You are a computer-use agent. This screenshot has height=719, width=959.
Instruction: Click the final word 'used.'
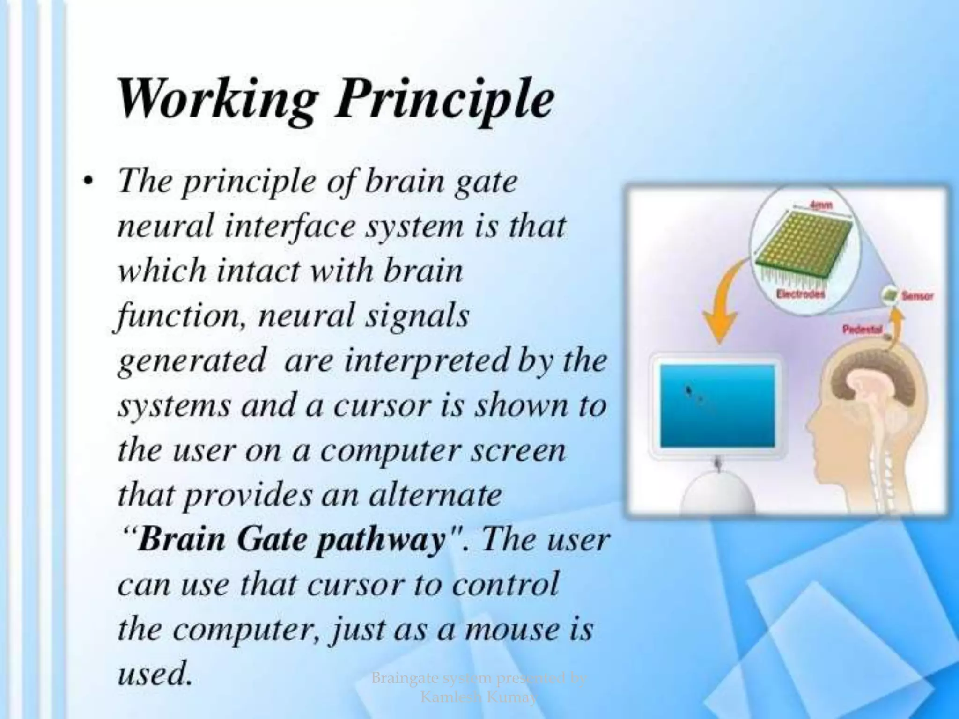coord(155,674)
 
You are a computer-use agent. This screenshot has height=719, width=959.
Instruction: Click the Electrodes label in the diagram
coord(801,294)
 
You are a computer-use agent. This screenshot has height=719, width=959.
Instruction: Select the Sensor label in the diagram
coord(917,296)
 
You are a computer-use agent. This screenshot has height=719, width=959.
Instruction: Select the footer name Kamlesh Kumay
coord(478,697)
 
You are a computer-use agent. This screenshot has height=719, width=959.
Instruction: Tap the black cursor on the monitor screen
coord(688,389)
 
